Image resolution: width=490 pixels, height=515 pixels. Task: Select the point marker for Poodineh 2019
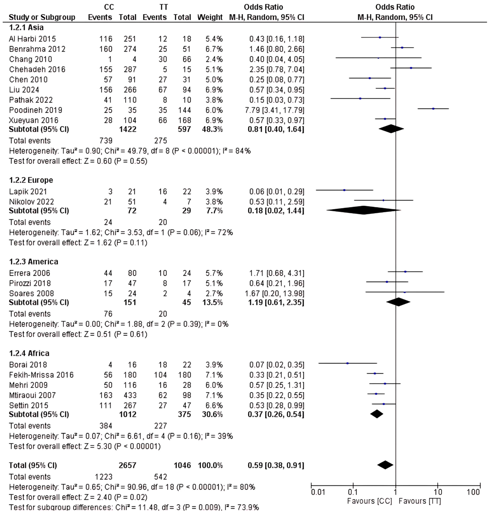[433, 109]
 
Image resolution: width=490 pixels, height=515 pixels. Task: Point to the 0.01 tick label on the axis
[318, 493]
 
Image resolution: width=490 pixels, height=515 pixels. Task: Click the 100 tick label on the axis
[473, 493]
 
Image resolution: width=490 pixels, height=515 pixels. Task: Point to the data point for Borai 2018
[347, 363]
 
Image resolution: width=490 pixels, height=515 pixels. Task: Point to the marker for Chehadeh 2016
[411, 68]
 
